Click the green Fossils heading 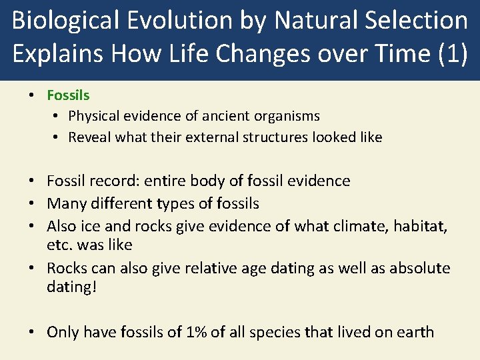point(68,95)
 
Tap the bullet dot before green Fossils point(32,95)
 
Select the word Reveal point(89,137)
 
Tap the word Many point(66,203)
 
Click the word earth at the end point(414,332)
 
